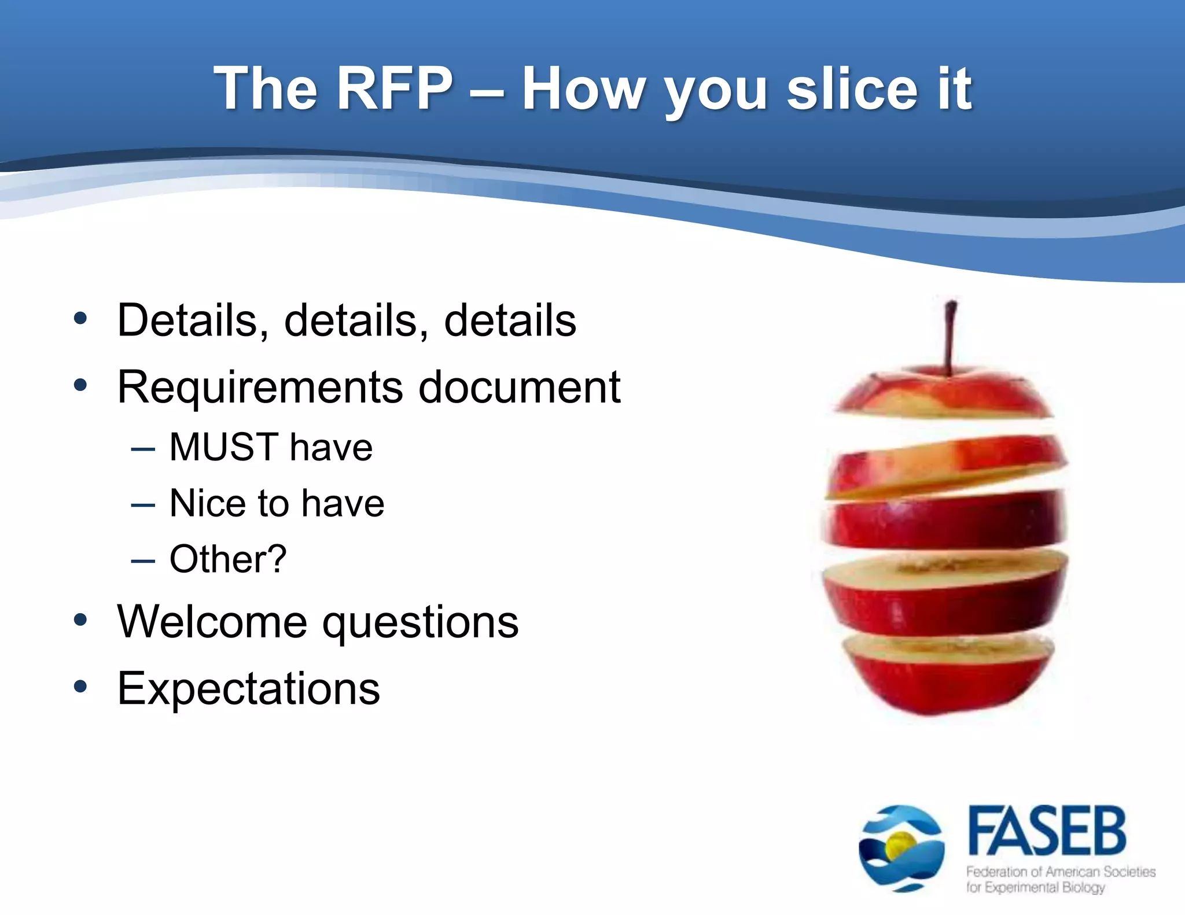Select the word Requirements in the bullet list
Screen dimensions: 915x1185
point(260,388)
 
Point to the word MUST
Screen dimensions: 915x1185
point(224,447)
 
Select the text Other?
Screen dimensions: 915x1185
point(228,559)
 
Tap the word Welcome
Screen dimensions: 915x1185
point(212,622)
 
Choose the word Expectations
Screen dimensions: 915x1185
point(249,688)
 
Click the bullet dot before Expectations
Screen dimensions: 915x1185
point(80,687)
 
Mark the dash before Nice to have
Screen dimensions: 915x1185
point(143,505)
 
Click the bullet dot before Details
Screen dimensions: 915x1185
point(80,318)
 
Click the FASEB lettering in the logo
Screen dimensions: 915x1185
point(1047,831)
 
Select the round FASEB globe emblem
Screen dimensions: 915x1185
point(901,848)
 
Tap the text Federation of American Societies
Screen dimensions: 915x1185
point(1061,872)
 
